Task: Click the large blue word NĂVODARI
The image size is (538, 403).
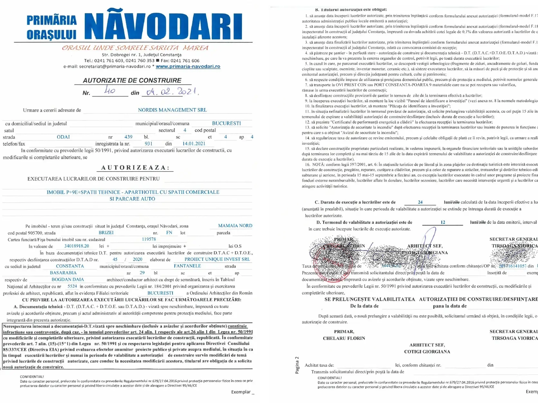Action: pos(163,27)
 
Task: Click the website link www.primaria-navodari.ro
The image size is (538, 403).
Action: pos(188,66)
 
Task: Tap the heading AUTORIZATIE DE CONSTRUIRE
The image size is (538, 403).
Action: pos(132,81)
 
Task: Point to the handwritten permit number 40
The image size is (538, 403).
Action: pos(110,90)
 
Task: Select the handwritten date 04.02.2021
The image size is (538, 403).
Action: pos(172,91)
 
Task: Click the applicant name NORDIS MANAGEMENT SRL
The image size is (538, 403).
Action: pos(172,110)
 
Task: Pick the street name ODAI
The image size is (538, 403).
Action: pos(63,137)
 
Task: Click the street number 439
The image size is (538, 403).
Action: pos(128,137)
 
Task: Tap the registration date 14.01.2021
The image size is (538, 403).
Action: pos(194,144)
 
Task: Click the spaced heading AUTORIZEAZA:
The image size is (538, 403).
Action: pos(136,168)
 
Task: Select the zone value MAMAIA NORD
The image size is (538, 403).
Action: pos(235,226)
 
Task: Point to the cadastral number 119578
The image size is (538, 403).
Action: pos(149,239)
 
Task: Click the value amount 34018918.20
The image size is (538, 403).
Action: pos(77,246)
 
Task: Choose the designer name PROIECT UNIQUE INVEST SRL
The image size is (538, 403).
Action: pos(217,259)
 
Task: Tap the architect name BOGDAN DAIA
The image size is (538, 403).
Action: pos(68,279)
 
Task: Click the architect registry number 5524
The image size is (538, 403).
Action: pos(72,286)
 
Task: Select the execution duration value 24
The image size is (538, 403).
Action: pos(420,202)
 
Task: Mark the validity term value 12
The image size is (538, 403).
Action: pos(443,222)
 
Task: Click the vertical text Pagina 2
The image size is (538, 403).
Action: pos(297,365)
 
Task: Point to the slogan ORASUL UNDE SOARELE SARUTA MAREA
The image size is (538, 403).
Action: pos(135,48)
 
